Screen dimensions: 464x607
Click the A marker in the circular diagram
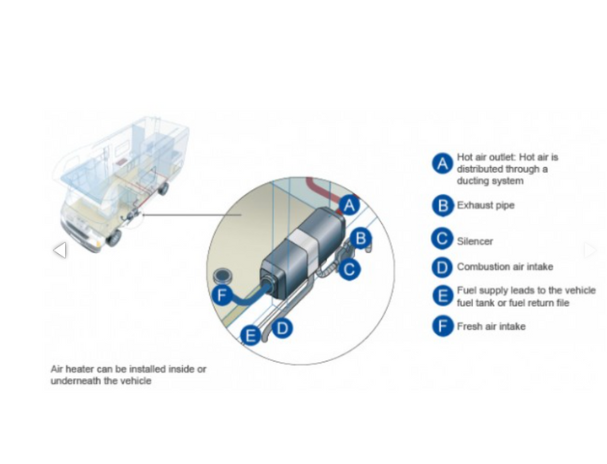tap(350, 205)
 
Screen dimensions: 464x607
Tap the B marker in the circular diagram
tap(361, 238)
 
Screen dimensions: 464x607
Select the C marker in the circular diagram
tap(350, 269)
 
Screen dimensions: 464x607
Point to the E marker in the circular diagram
tap(250, 337)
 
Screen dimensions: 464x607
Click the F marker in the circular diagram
tap(222, 295)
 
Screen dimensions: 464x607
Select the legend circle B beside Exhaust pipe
tap(443, 205)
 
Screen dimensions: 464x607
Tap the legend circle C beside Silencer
tap(443, 240)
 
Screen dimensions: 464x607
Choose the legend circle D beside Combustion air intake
tap(443, 267)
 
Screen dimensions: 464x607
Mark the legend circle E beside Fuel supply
tap(443, 296)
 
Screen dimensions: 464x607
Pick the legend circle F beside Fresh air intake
tap(443, 326)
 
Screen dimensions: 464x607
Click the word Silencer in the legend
tap(475, 241)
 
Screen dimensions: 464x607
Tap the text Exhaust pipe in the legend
tap(485, 205)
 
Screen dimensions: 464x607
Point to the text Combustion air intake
tap(504, 267)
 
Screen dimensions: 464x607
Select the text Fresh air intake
tap(491, 326)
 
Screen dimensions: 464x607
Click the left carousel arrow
tap(59, 250)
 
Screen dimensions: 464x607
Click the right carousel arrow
tap(590, 250)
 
